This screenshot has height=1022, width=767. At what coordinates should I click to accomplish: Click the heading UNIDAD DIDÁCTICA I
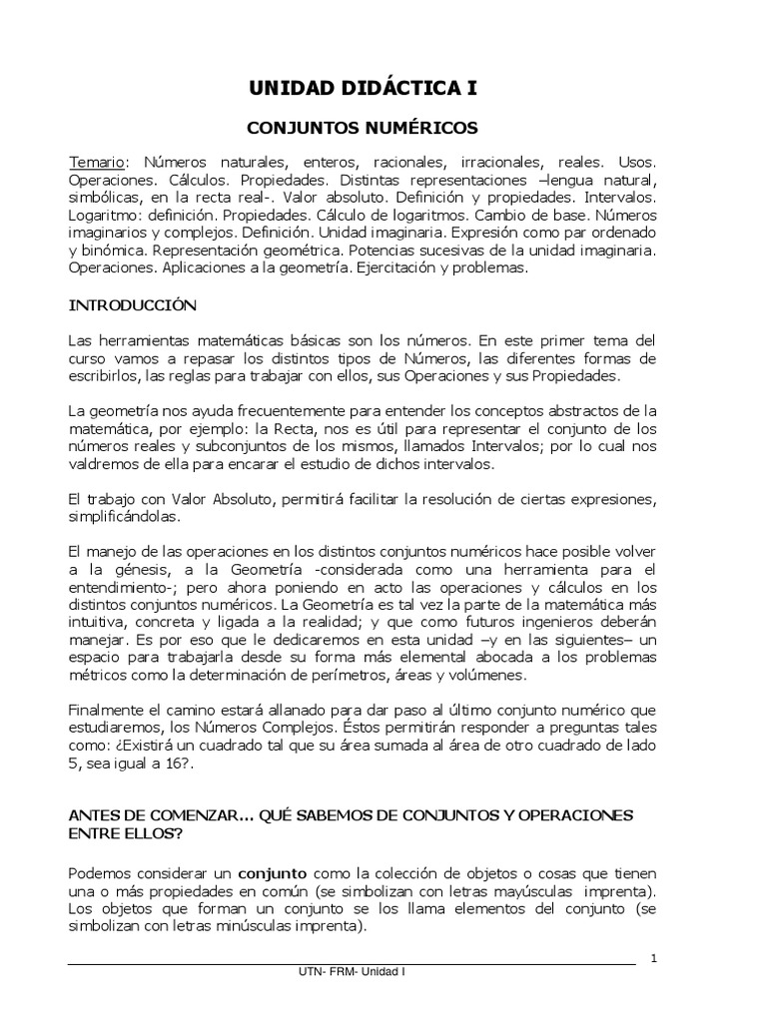tap(363, 89)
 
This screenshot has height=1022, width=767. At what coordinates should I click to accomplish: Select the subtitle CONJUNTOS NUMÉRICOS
tap(363, 128)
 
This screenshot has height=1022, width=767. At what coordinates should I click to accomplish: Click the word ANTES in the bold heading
tap(93, 815)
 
